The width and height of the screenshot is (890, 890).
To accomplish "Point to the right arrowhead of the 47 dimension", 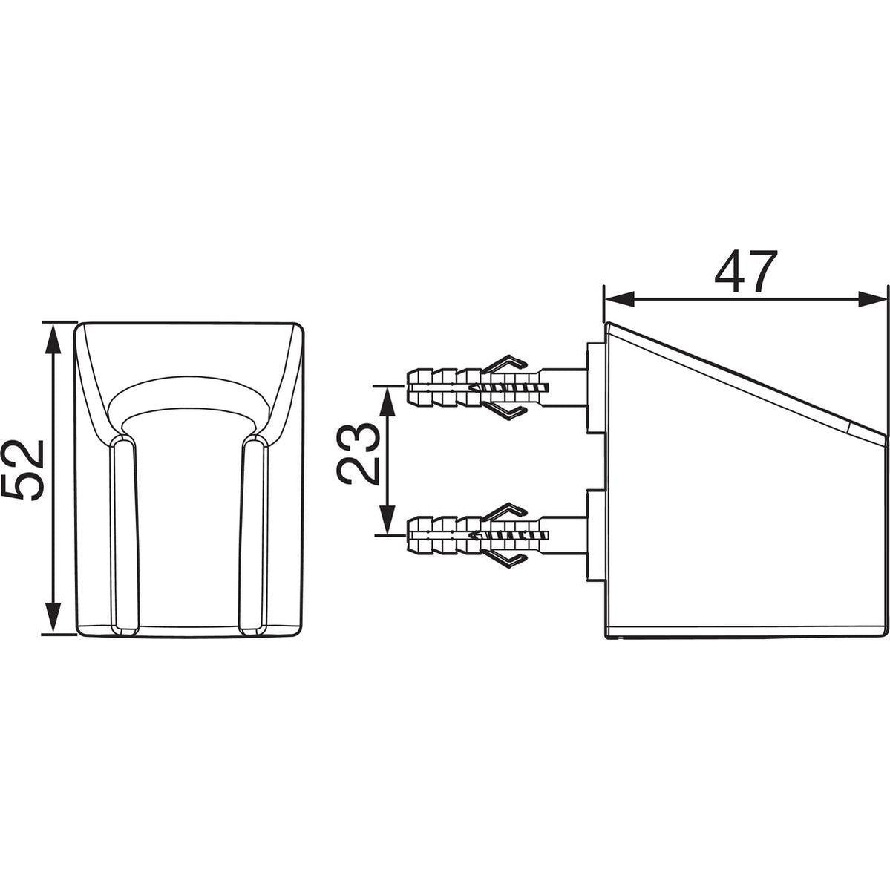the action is pos(871,299).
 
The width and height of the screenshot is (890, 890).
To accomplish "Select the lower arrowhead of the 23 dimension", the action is pos(387,518).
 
